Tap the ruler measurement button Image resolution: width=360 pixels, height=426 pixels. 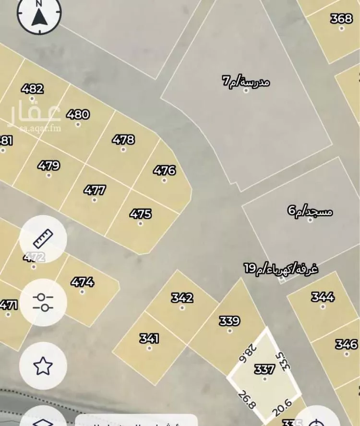coord(43,238)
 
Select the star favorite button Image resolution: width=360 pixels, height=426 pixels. coord(43,366)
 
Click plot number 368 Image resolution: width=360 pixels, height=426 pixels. coord(341,19)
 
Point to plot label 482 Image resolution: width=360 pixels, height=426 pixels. coord(33,89)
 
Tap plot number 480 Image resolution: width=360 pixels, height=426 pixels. coord(78,114)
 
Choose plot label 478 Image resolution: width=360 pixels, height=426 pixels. coord(123,140)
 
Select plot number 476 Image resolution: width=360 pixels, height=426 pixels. coord(164,170)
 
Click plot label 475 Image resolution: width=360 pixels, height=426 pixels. coord(140,214)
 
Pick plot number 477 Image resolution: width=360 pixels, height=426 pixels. coord(95,190)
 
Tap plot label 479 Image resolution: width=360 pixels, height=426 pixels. coord(48,166)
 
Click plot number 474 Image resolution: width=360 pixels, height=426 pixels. coord(83,282)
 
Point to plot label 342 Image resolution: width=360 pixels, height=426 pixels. coord(182,298)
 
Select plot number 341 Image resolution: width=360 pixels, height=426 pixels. coord(149,339)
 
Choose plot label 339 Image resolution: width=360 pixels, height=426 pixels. coord(229,321)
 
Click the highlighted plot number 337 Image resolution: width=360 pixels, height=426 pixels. coord(264,369)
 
